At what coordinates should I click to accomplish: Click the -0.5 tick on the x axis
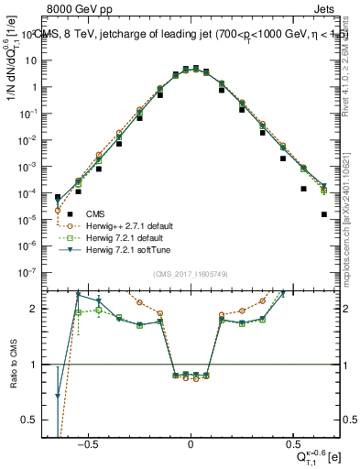coord(88,442)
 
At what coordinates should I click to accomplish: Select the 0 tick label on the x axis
coord(190,442)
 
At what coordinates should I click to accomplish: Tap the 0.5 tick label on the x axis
coord(292,442)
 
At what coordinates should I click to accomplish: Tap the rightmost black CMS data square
coord(323,214)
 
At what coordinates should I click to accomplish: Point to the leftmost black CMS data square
coord(58,197)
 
